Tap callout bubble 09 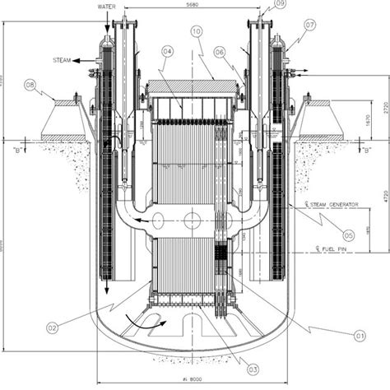(281, 4)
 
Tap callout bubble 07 (309, 26)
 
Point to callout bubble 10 (196, 32)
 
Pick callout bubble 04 (167, 52)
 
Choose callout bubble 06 (220, 52)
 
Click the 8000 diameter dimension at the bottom (196, 380)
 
